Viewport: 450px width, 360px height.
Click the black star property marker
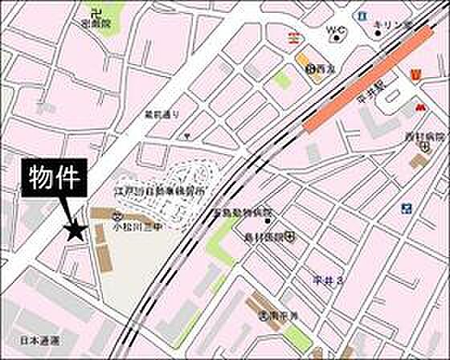[75, 232]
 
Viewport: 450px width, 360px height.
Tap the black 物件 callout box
[53, 178]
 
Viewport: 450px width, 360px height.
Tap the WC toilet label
[334, 31]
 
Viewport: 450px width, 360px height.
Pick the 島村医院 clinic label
[266, 237]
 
